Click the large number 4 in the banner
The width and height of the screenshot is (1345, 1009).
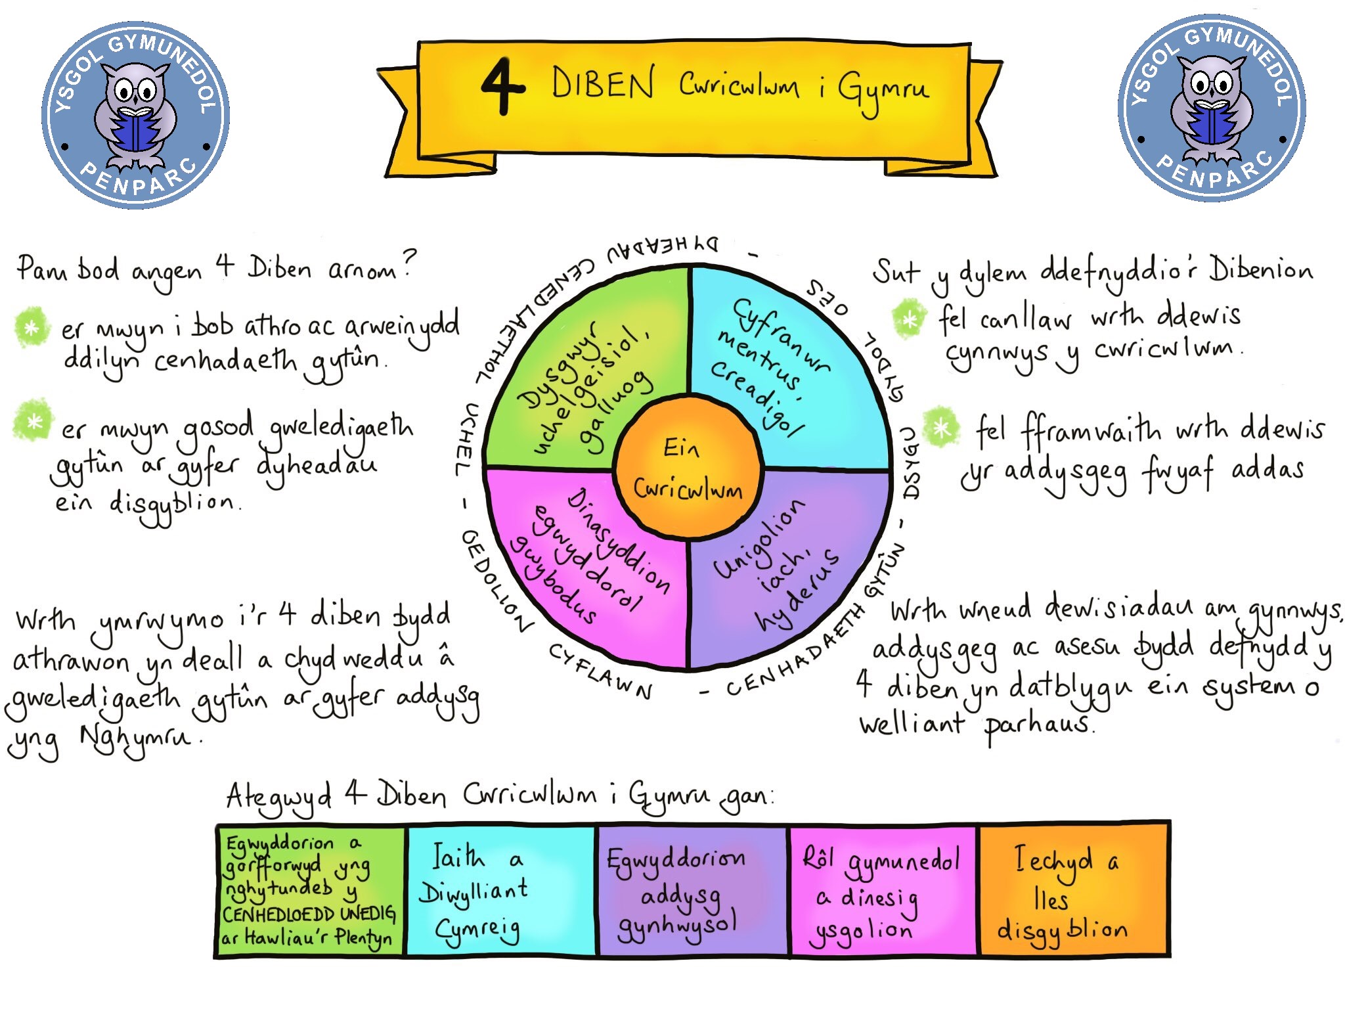[x=502, y=86]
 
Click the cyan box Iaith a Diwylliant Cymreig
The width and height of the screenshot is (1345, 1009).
[x=500, y=890]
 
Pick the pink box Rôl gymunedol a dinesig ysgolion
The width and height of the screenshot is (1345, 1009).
[x=883, y=890]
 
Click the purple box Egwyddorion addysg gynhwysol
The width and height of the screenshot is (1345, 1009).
[x=691, y=890]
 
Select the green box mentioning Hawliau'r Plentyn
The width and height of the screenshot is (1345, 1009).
[x=310, y=890]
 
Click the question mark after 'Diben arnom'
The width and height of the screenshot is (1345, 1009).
[x=408, y=264]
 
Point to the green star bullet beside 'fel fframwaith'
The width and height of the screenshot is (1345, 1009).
[x=941, y=428]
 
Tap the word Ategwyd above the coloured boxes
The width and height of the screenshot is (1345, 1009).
[x=278, y=797]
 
